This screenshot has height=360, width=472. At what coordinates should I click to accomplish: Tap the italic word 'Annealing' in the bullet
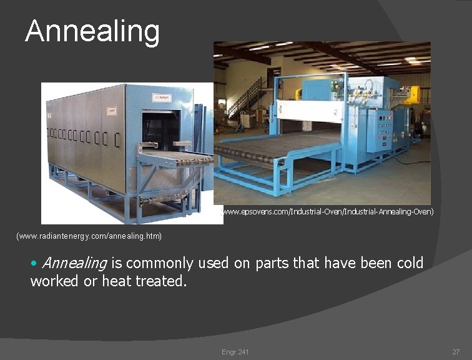tap(74, 263)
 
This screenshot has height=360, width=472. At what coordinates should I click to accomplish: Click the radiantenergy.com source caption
tap(89, 236)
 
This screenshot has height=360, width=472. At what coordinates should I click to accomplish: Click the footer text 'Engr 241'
tap(235, 352)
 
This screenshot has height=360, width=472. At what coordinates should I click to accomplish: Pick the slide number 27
tap(456, 352)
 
